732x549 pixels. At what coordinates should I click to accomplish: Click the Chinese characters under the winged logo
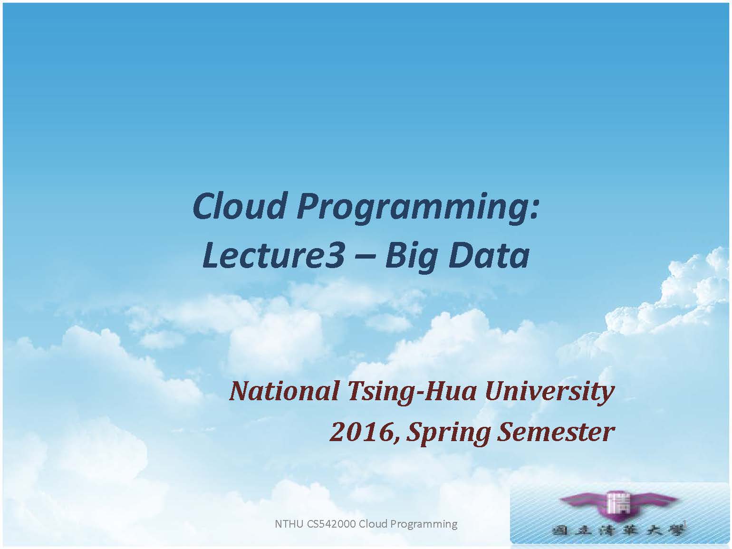(x=618, y=531)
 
